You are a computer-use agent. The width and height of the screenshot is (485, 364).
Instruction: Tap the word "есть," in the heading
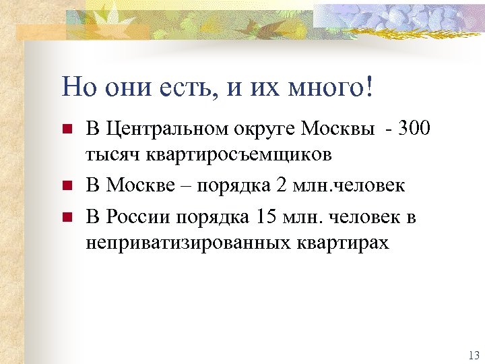(191, 87)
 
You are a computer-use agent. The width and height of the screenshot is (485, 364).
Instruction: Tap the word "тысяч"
(110, 154)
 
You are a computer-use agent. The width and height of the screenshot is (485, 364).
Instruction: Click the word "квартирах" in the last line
(346, 243)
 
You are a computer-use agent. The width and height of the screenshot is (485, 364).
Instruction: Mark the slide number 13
(472, 355)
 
